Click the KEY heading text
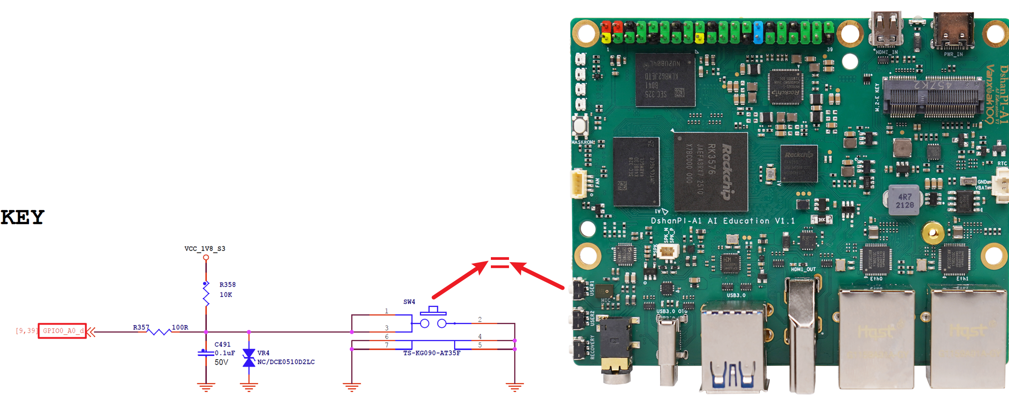click(23, 217)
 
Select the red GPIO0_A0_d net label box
click(63, 331)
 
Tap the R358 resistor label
click(227, 285)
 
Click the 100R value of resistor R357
click(180, 327)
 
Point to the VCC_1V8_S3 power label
click(205, 248)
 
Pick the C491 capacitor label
click(222, 345)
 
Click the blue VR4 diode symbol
click(249, 358)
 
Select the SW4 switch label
click(409, 302)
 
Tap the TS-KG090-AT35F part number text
click(431, 353)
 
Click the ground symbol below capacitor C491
click(206, 387)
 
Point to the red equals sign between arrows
click(500, 263)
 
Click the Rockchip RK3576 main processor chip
click(710, 171)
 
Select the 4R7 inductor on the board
click(904, 200)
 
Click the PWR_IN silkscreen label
click(953, 54)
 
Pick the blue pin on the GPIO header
click(758, 32)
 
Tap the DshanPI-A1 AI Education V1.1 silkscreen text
click(722, 221)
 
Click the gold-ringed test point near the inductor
click(932, 234)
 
